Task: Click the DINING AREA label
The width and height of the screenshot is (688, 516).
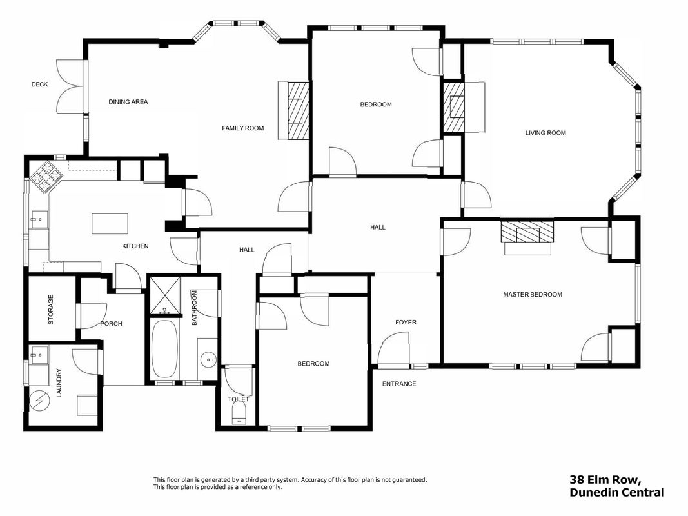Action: pos(128,102)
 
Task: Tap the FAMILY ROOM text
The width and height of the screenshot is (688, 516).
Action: pos(242,128)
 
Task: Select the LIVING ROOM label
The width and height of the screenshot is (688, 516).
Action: pos(545,132)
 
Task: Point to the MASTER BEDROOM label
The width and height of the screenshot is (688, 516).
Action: pos(533,294)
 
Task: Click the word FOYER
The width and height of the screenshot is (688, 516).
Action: pos(406,322)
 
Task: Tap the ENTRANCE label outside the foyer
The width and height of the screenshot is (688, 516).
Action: pos(399,384)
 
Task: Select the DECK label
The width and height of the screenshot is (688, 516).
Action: pos(39,84)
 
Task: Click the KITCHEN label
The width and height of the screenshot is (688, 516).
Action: pos(135,246)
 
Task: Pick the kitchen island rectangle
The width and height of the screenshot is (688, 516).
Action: pos(110,223)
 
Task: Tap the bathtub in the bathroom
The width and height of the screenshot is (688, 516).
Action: pos(165,348)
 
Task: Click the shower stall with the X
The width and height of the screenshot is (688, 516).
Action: pos(166,295)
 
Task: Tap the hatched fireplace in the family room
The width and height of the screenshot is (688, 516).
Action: pos(299,110)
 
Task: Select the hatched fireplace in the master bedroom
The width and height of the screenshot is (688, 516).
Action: pos(527,232)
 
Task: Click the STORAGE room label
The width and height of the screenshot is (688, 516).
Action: pos(50,310)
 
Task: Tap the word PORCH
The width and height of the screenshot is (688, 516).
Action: pos(111,324)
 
